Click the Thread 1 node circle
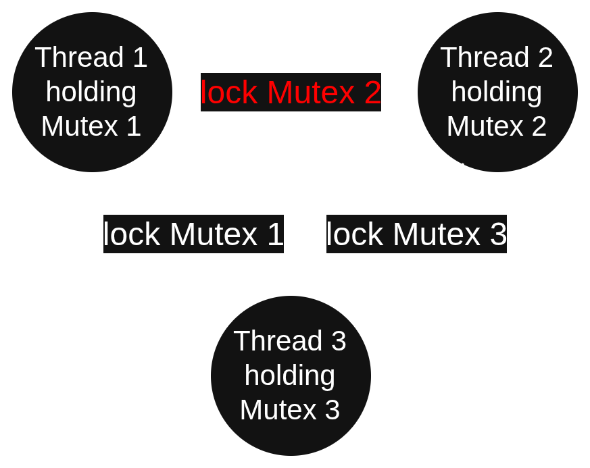pyautogui.click(x=92, y=92)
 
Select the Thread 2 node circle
pyautogui.click(x=497, y=92)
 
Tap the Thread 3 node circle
pyautogui.click(x=291, y=375)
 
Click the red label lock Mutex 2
pyautogui.click(x=291, y=93)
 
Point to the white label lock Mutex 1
pyautogui.click(x=193, y=234)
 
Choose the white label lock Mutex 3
pyautogui.click(x=416, y=234)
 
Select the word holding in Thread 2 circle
pyautogui.click(x=497, y=92)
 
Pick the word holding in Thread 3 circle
pyautogui.click(x=290, y=375)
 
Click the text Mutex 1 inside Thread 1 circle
pyautogui.click(x=91, y=126)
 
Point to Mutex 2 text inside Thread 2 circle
pyautogui.click(x=497, y=126)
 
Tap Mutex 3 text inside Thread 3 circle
pyautogui.click(x=290, y=410)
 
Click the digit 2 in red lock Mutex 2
pyautogui.click(x=372, y=93)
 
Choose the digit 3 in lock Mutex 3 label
pyautogui.click(x=498, y=234)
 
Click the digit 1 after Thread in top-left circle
pyautogui.click(x=139, y=57)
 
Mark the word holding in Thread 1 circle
pyautogui.click(x=91, y=92)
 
